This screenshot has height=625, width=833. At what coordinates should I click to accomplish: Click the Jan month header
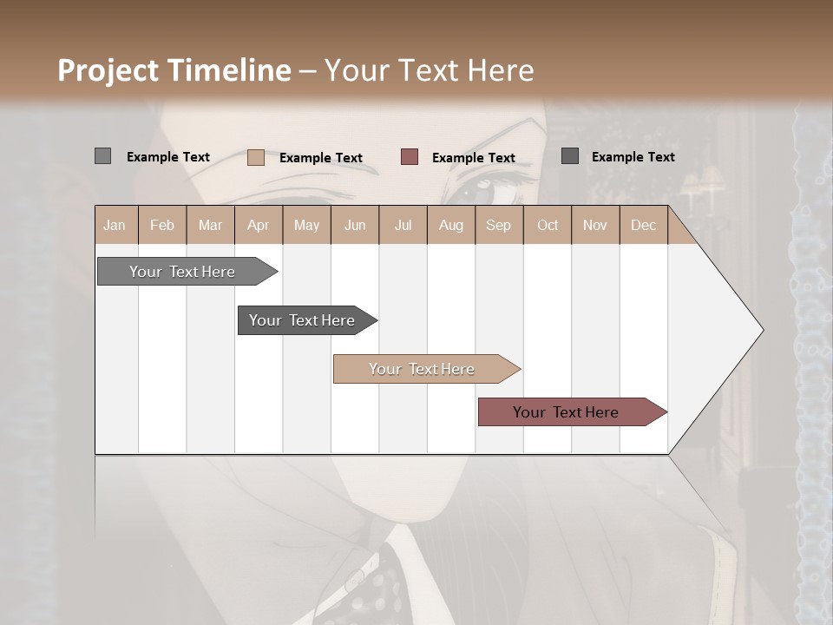115,225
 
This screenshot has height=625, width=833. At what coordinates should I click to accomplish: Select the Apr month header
258,225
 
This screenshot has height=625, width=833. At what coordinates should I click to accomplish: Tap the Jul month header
403,225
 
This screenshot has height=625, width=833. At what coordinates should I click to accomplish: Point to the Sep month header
498,225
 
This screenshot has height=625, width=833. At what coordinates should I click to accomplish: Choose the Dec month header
643,225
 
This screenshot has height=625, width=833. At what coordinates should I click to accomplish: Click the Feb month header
162,225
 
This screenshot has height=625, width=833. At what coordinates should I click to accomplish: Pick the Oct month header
548,225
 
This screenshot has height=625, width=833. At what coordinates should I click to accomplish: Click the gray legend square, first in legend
102,156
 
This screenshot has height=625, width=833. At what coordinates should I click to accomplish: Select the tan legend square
255,157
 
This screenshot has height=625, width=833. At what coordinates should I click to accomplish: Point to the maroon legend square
410,157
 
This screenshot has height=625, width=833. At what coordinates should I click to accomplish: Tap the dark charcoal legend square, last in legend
569,156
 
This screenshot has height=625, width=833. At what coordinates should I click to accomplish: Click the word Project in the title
108,70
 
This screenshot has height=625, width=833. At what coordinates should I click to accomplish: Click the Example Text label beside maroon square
473,157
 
